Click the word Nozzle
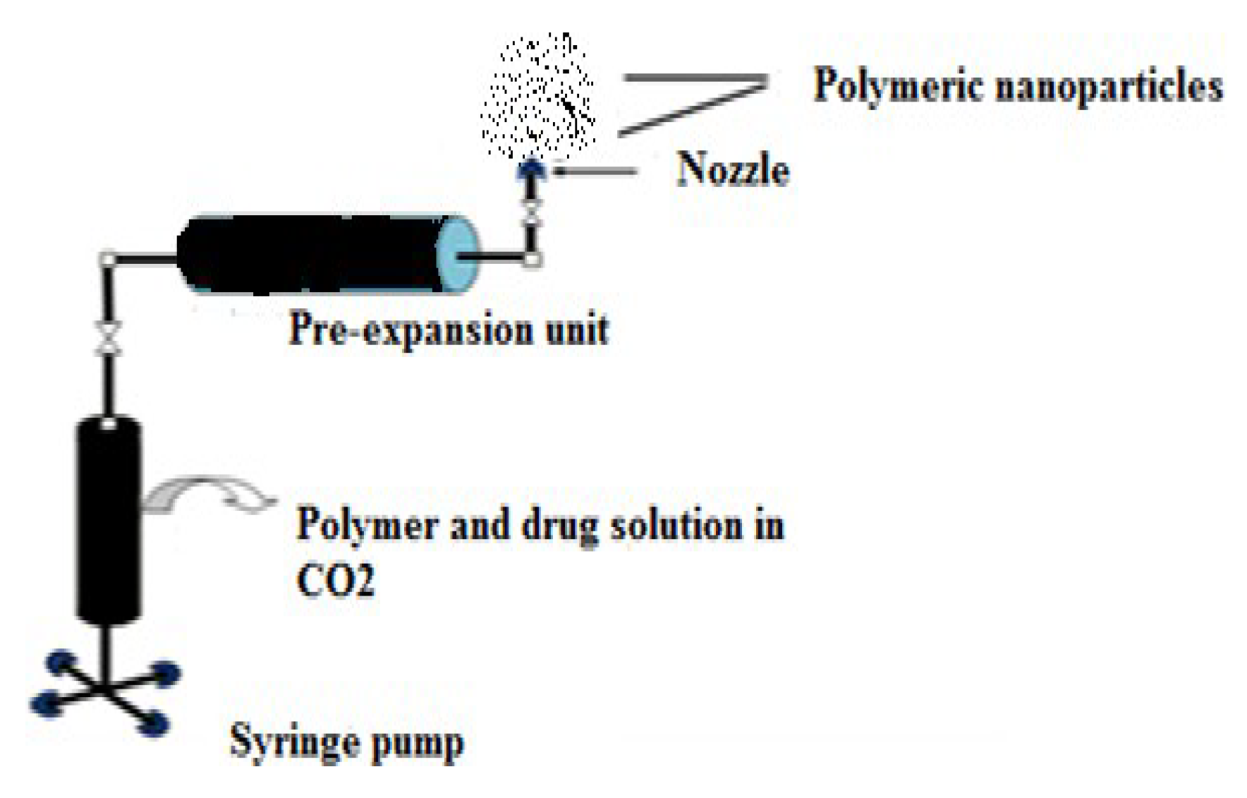point(733,171)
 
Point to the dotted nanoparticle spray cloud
point(539,95)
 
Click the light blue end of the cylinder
point(457,255)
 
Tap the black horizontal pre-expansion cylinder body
point(310,255)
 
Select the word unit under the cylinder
point(578,330)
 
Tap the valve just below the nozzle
point(533,212)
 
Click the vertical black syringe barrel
point(108,522)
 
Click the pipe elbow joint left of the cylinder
point(107,260)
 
